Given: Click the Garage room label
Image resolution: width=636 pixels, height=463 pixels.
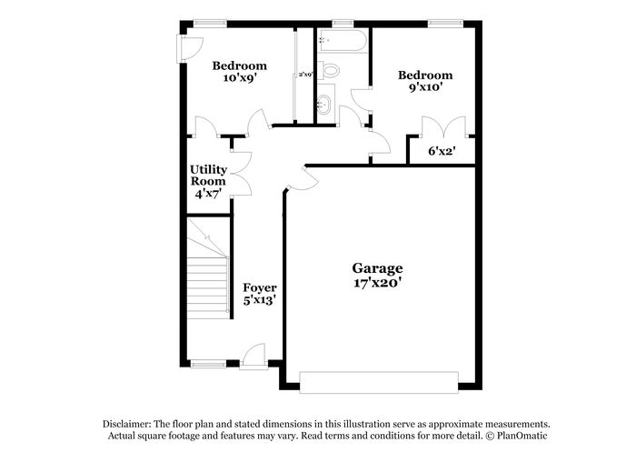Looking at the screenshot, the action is click(377, 268).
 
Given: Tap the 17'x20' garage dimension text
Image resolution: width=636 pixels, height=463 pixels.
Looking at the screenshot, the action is click(377, 283).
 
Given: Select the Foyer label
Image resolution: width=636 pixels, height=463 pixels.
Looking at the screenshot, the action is click(260, 288).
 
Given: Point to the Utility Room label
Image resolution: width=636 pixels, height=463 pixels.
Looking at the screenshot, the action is click(208, 176).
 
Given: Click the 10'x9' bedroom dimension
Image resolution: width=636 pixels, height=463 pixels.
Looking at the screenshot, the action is click(239, 77).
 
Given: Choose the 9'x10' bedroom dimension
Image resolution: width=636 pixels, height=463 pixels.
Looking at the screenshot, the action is click(425, 87).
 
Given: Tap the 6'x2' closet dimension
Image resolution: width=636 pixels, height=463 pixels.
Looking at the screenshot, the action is click(442, 151).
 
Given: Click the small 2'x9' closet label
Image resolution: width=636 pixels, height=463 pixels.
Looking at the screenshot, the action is click(305, 75).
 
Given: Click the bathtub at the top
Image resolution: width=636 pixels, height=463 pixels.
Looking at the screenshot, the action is click(342, 40).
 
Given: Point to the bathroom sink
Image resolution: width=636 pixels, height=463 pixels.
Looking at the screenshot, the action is click(325, 105).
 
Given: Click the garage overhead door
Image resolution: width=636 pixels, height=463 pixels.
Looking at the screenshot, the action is click(379, 383).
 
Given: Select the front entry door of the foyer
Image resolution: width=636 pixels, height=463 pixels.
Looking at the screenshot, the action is click(253, 357).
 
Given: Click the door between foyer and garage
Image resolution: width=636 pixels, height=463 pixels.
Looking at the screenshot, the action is click(302, 178).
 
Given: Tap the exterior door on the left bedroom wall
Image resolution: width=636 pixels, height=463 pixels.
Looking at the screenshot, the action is click(189, 49).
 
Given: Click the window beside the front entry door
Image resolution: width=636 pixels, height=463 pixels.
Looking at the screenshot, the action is click(208, 364).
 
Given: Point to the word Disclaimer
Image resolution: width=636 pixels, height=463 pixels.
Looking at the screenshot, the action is click(127, 425).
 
